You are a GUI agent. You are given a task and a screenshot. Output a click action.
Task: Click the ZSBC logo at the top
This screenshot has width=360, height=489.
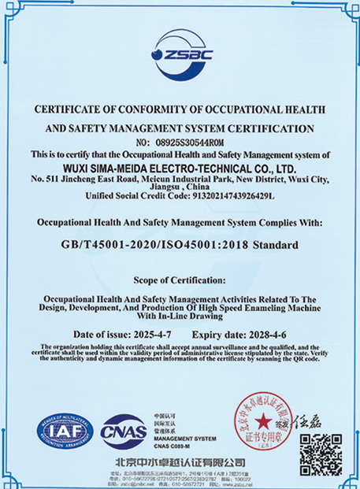pyautogui.click(x=180, y=53)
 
